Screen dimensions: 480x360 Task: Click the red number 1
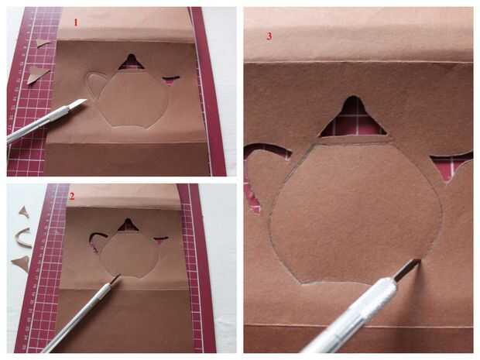click(x=76, y=22)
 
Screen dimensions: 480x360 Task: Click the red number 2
click(x=72, y=196)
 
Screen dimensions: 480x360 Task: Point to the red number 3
click(x=269, y=36)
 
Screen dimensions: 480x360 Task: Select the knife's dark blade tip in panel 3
click(x=415, y=263)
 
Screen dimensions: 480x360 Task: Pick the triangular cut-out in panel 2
click(x=128, y=225)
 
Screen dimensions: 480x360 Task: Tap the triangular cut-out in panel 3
click(x=353, y=118)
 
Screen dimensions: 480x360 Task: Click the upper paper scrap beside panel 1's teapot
click(x=43, y=43)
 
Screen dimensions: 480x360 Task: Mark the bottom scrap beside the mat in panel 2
click(x=22, y=262)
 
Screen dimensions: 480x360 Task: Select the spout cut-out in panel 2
click(x=160, y=240)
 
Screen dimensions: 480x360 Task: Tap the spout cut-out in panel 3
click(x=450, y=166)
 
